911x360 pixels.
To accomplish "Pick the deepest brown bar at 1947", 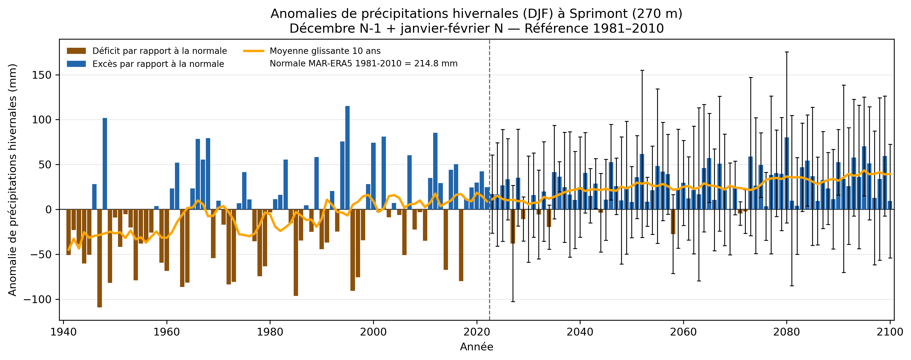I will (100, 258).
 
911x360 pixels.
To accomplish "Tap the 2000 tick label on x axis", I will (373, 332).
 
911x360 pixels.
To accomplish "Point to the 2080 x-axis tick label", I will (787, 332).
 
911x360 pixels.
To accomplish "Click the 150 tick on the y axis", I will (42, 75).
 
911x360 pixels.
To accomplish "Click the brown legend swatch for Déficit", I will (76, 51).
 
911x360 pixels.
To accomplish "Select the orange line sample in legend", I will (254, 51).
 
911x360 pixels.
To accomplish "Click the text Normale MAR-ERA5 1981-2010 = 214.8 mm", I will (363, 64).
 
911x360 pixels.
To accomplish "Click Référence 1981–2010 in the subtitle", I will (594, 28).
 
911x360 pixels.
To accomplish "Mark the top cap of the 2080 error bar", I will (787, 52).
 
